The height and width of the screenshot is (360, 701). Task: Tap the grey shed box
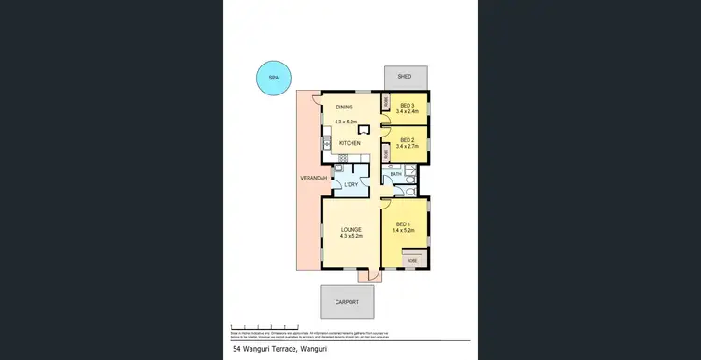pos(405,77)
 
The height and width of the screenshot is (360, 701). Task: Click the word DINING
pos(345,106)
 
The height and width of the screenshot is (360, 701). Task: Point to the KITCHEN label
pos(350,143)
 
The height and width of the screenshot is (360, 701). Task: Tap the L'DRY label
pos(350,184)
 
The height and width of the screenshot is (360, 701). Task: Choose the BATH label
pos(395,174)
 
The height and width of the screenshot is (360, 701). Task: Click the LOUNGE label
pos(350,229)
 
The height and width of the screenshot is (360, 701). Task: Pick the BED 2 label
pos(406,140)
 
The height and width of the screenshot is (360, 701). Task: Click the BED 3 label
pos(406,106)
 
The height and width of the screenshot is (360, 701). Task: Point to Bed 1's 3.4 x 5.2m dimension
pos(404,231)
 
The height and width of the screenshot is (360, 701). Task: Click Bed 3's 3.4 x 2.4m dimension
pos(407,112)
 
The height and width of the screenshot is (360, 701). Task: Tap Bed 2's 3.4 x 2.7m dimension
pos(407,147)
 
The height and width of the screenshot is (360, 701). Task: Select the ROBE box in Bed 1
pos(412,261)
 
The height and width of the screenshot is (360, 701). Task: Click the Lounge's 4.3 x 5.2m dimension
pos(350,236)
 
